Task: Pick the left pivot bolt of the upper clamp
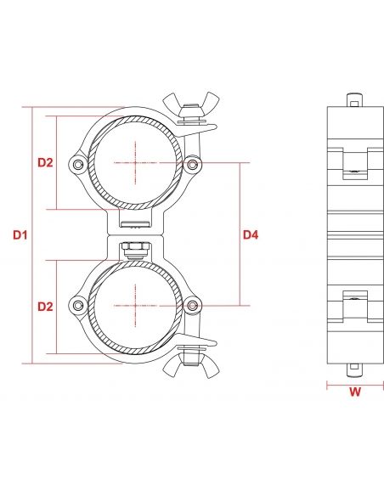point(79,163)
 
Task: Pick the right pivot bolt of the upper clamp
point(195,163)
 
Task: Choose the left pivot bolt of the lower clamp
point(79,305)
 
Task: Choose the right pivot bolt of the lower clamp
point(195,305)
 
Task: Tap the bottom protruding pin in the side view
point(352,370)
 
